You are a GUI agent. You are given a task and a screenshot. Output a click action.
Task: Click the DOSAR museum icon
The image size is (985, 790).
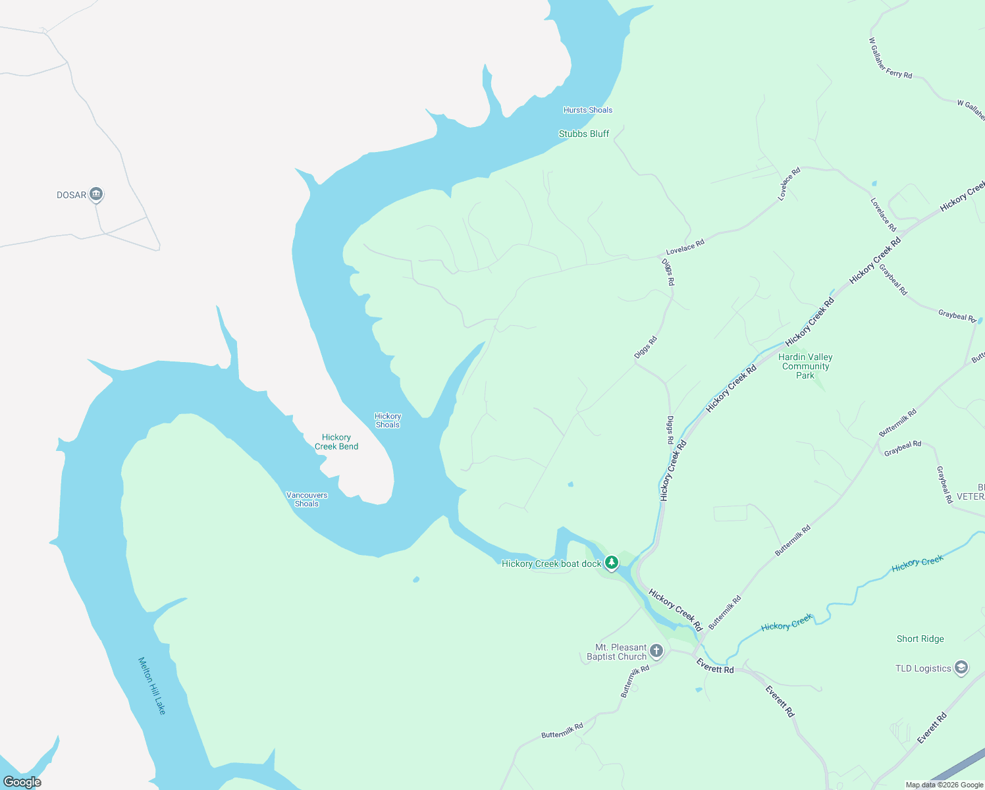coord(96,194)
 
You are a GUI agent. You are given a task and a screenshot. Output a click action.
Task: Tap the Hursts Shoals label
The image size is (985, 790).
coord(587,110)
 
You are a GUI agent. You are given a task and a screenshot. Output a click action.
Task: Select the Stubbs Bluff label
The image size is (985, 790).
coord(584,134)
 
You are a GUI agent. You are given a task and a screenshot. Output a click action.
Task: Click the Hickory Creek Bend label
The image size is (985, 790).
coord(336,442)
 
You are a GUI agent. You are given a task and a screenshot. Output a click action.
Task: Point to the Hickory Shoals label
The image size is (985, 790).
coord(388,420)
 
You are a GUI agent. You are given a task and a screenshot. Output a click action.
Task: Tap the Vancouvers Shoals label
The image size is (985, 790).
coord(307,499)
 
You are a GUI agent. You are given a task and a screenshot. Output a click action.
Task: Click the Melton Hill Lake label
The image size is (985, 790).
coord(152,685)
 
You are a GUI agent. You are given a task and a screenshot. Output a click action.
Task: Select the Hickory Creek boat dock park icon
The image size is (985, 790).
coord(612,562)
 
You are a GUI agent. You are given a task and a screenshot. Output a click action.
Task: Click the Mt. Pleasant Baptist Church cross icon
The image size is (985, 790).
coord(656,651)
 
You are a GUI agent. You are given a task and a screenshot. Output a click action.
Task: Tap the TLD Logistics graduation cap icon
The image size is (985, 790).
coord(961,668)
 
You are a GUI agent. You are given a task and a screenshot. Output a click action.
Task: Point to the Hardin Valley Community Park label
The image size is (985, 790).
coord(805,366)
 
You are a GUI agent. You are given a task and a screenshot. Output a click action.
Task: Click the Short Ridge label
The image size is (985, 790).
coord(920,639)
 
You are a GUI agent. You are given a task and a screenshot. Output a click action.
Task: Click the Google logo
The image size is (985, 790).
coord(22,781)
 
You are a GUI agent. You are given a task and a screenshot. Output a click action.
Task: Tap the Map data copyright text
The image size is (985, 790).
coord(944,785)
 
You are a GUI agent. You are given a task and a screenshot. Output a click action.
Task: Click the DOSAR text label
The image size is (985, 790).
coord(71,195)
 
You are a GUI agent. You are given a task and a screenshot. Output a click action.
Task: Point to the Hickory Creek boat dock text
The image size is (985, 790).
coord(551,564)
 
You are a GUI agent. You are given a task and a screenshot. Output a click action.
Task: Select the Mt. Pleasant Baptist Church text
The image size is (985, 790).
coord(617,652)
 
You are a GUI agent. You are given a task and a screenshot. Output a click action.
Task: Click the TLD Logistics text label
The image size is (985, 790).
coord(923,668)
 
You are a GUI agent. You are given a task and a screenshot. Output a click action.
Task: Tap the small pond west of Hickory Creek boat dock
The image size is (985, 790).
coord(415,579)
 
